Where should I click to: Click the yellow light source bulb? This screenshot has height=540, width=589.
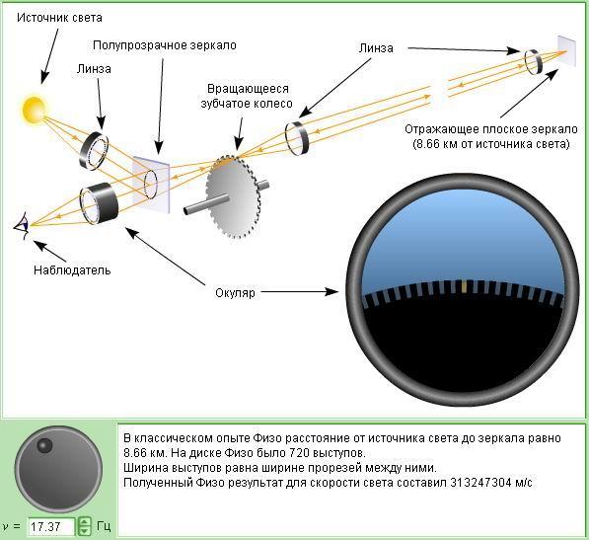click(x=34, y=110)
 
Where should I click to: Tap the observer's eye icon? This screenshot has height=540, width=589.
click(x=22, y=226)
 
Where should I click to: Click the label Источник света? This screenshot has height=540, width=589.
click(x=59, y=18)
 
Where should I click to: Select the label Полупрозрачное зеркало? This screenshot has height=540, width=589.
click(x=165, y=45)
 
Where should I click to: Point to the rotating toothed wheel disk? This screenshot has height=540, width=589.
click(x=233, y=196)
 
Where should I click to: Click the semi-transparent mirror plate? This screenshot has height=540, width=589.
click(x=151, y=185)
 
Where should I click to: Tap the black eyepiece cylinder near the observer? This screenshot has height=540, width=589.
click(x=99, y=203)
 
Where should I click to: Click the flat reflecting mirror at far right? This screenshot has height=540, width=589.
click(x=566, y=51)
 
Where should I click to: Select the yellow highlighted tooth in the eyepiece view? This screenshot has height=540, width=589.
click(x=465, y=286)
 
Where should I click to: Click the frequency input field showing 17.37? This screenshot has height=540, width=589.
click(x=51, y=526)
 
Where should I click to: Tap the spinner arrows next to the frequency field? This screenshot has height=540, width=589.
click(x=84, y=526)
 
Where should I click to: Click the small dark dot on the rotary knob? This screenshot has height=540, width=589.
click(x=44, y=445)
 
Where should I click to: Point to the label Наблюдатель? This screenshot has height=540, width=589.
click(x=72, y=270)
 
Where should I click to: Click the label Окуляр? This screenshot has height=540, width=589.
click(x=235, y=293)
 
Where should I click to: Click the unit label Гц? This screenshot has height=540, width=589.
click(x=104, y=526)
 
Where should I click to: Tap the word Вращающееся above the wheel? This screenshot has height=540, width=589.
click(x=248, y=89)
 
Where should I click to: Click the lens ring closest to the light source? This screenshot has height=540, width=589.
click(x=94, y=151)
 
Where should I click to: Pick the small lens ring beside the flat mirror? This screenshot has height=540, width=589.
click(x=534, y=61)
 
